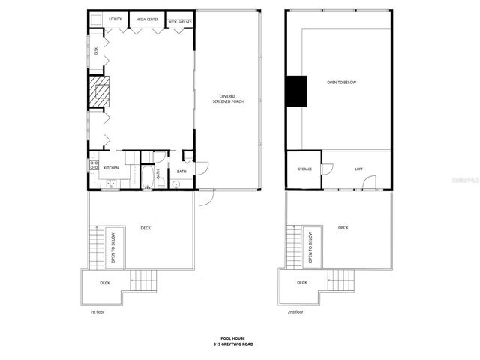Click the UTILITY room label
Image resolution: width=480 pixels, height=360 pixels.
115,19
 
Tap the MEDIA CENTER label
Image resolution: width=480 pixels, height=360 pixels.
146,19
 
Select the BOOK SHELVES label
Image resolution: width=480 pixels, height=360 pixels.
180,22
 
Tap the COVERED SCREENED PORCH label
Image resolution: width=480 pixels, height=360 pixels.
227,98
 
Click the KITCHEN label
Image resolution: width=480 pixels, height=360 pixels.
111,167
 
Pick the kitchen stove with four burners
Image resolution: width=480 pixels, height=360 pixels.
95,166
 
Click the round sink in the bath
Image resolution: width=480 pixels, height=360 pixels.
177,184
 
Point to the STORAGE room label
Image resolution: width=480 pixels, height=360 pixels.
304,169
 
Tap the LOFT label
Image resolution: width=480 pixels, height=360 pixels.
358,169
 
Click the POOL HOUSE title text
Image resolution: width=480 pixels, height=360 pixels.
239,338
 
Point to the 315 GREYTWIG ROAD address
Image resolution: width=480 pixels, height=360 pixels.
239,344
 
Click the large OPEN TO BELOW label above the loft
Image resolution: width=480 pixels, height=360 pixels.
341,82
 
